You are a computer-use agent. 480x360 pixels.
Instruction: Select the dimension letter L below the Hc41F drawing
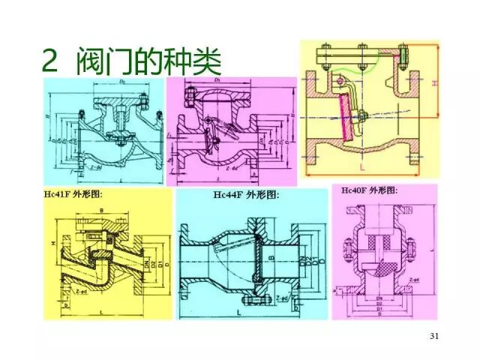(x=100, y=310)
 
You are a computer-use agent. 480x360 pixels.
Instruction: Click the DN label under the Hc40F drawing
(x=373, y=296)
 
